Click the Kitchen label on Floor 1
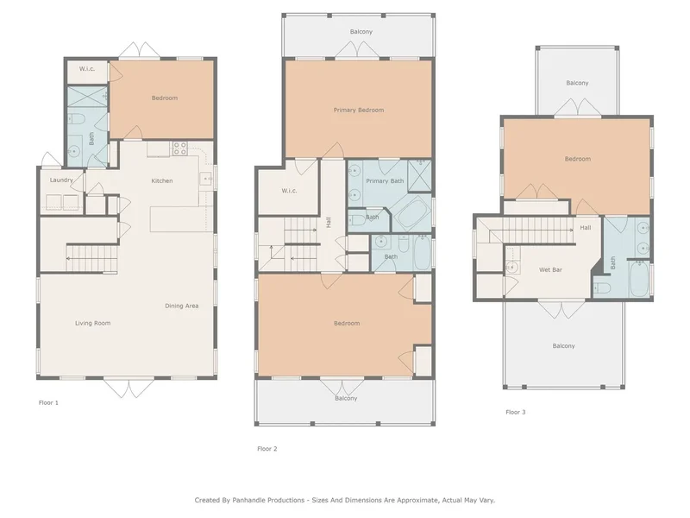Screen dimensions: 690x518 (162, 180)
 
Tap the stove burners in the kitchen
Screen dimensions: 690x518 (179, 148)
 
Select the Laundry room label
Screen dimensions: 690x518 (61, 180)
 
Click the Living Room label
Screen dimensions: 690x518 (92, 323)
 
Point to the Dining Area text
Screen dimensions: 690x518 (182, 306)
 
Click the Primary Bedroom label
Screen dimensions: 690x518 (359, 111)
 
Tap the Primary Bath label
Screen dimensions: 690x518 (385, 180)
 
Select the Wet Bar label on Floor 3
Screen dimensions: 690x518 (550, 269)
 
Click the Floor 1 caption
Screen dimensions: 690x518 (48, 402)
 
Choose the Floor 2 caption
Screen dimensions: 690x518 (267, 449)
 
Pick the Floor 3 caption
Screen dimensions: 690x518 (515, 413)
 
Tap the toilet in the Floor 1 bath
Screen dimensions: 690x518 (76, 118)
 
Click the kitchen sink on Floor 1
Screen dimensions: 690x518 (206, 179)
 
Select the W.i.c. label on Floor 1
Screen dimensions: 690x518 (87, 69)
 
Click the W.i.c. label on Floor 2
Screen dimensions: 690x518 (289, 191)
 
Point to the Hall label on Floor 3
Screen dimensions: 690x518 (586, 228)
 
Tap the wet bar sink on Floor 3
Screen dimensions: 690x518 (511, 267)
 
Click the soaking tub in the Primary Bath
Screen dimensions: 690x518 (412, 213)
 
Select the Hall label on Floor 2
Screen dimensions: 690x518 (329, 222)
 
